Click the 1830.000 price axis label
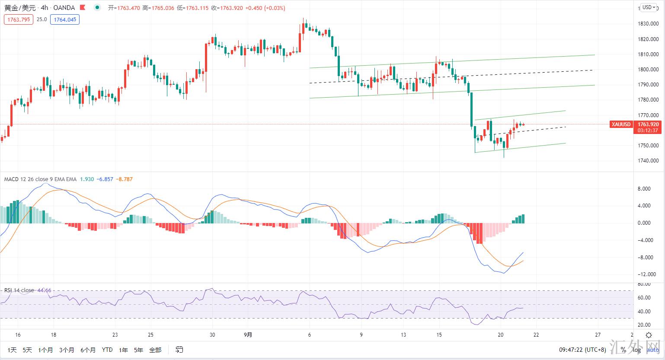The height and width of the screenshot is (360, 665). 648,24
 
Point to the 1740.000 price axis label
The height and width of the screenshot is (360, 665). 648,161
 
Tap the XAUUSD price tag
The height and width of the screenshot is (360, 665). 621,124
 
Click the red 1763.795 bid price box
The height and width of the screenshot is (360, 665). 19,19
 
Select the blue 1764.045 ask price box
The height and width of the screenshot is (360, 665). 64,19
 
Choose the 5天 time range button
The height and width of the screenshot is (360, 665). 27,350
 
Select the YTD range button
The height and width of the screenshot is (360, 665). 107,350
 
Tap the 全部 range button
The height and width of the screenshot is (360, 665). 155,350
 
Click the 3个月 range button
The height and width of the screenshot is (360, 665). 67,350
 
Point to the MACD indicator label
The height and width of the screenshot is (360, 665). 40,179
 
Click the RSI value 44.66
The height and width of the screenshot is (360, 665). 45,290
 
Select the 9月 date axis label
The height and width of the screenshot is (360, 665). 248,335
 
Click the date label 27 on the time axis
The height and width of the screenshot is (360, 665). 598,335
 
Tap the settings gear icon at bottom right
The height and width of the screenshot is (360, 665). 649,335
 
